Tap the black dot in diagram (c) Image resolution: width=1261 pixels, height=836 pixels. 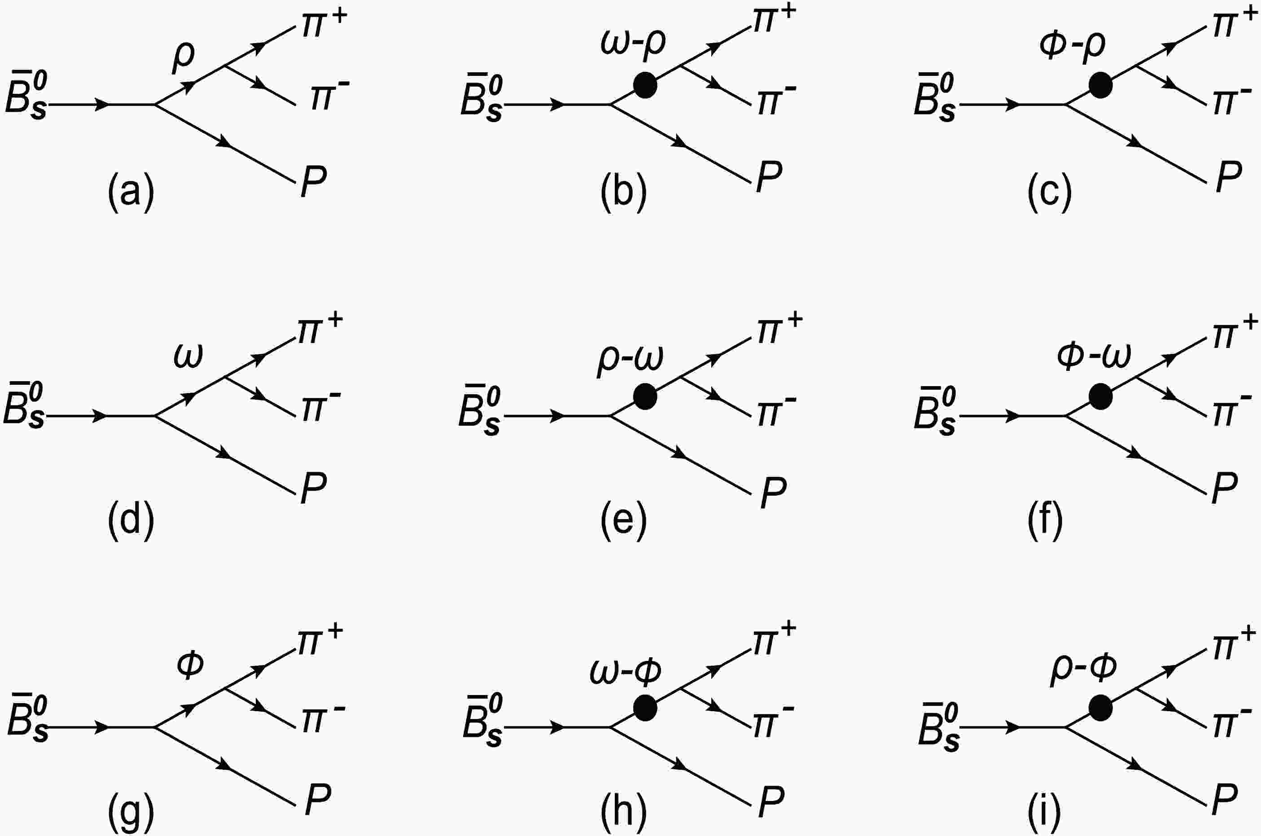[1100, 85]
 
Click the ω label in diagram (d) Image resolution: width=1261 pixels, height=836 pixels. [188, 356]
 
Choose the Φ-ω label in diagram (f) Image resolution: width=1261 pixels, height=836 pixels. [1094, 355]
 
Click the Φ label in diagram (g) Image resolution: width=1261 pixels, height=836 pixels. [190, 666]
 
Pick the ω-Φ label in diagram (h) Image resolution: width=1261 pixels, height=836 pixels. [626, 671]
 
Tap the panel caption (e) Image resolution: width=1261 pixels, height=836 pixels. [623, 520]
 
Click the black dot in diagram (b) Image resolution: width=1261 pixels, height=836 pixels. [644, 85]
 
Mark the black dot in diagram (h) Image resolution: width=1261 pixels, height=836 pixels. [644, 708]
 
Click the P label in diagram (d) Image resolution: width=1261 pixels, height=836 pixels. [313, 487]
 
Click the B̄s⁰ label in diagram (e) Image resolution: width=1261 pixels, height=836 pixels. [479, 412]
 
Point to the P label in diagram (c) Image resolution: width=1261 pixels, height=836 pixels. [1229, 176]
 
